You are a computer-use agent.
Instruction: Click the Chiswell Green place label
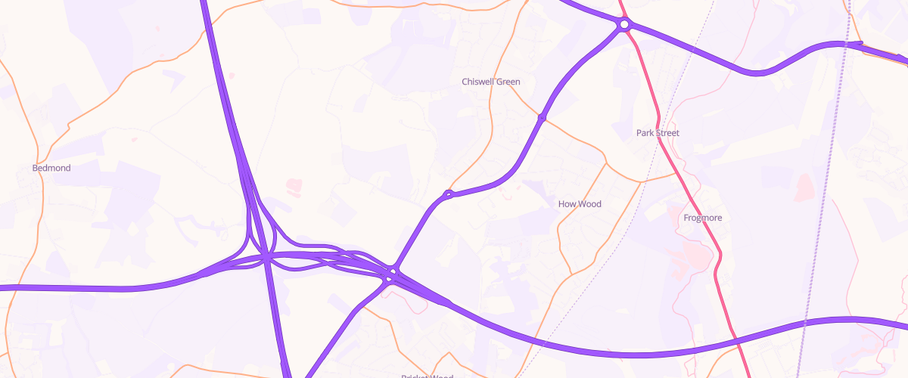click(x=491, y=82)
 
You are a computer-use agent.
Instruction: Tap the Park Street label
click(x=658, y=133)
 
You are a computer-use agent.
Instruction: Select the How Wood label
click(x=579, y=204)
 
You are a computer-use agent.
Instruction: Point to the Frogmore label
click(x=702, y=218)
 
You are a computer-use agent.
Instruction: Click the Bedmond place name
click(x=51, y=168)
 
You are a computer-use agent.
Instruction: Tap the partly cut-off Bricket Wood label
click(x=427, y=376)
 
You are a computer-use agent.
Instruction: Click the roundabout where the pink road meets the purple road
click(x=623, y=25)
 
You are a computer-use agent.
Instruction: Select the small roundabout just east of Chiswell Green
click(x=542, y=118)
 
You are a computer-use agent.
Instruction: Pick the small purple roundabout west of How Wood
click(x=448, y=195)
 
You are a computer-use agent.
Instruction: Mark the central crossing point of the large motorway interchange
click(x=267, y=259)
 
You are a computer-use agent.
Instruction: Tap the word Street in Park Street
click(x=667, y=133)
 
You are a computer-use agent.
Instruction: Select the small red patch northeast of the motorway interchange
click(x=294, y=184)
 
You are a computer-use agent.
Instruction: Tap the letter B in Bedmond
click(x=36, y=168)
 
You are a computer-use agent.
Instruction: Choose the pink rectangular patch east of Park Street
click(x=804, y=185)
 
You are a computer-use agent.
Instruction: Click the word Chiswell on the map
click(x=477, y=82)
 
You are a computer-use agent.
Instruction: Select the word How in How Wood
click(x=567, y=204)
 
